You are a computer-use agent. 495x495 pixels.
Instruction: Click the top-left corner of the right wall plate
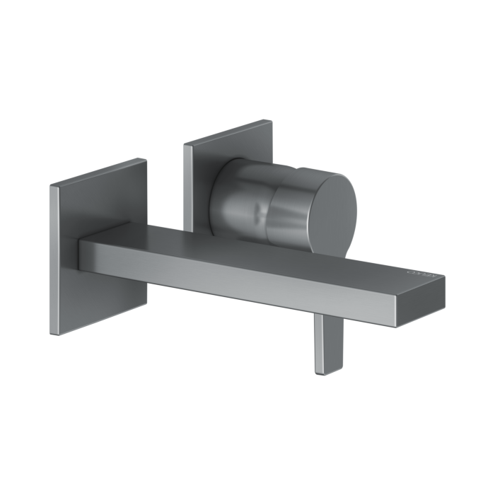pyautogui.click(x=184, y=146)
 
